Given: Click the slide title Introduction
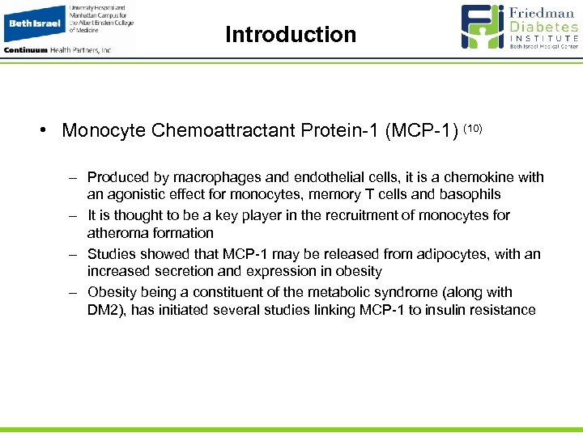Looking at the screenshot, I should click(x=291, y=35).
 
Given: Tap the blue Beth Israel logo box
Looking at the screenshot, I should click(x=34, y=24).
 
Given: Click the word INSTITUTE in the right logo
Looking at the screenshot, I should click(x=545, y=38).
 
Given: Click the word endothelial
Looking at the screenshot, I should click(x=290, y=177).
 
